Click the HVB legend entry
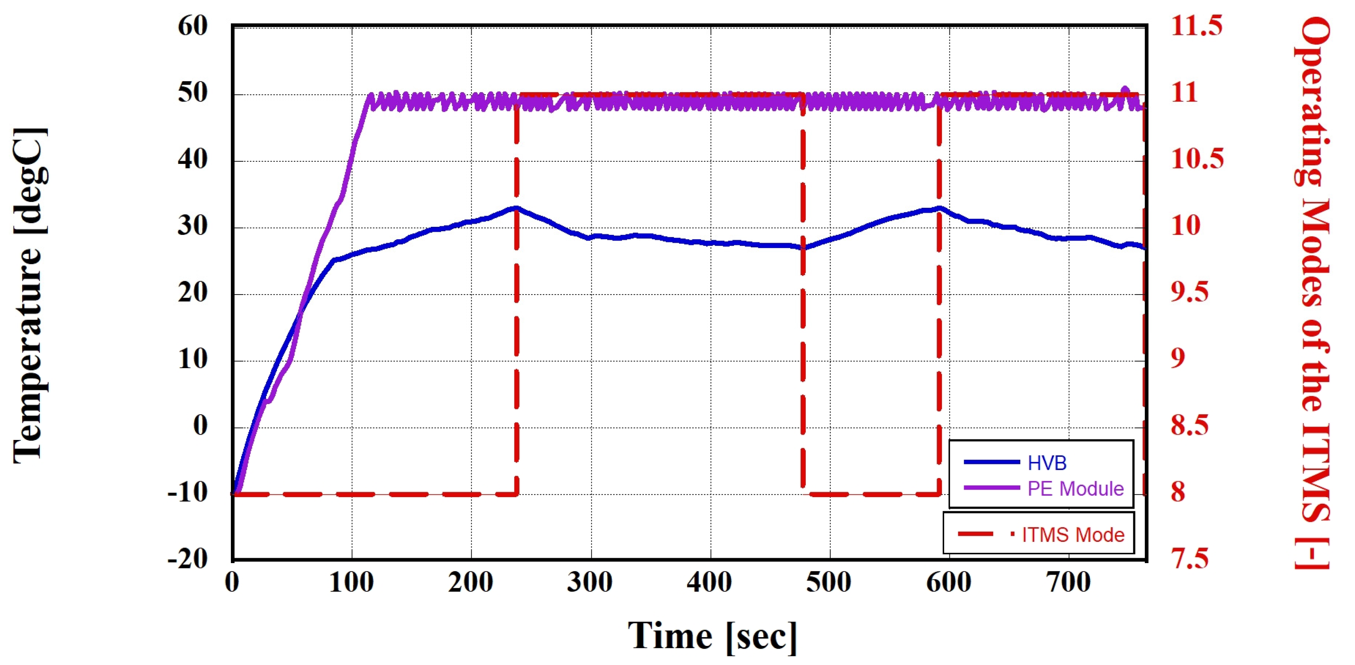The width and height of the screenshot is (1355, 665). [x=1047, y=463]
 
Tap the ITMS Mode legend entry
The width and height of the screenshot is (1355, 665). [x=1073, y=535]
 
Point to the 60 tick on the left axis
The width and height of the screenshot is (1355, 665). [x=193, y=26]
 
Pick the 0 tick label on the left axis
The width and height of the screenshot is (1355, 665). [x=200, y=426]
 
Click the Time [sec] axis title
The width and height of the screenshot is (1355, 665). [x=712, y=637]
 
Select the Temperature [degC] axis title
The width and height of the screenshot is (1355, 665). [x=29, y=294]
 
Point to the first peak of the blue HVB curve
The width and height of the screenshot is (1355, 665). [x=516, y=208]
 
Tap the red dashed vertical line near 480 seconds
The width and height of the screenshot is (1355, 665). [x=803, y=294]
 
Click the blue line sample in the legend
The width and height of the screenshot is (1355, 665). [x=992, y=462]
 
